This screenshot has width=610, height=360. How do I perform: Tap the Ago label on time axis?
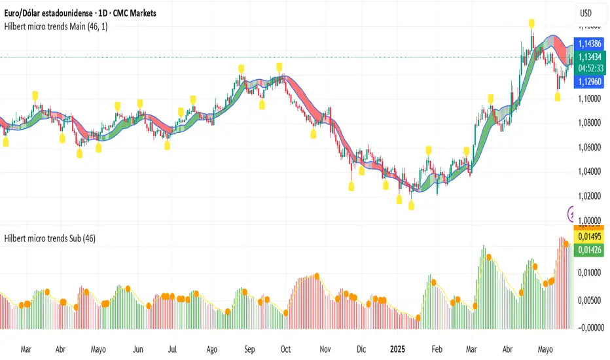point(211,350)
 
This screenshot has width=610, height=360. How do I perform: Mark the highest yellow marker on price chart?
point(533,24)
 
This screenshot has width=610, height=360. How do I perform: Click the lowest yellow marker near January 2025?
point(411,206)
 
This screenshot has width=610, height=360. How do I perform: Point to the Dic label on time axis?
point(361,350)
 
